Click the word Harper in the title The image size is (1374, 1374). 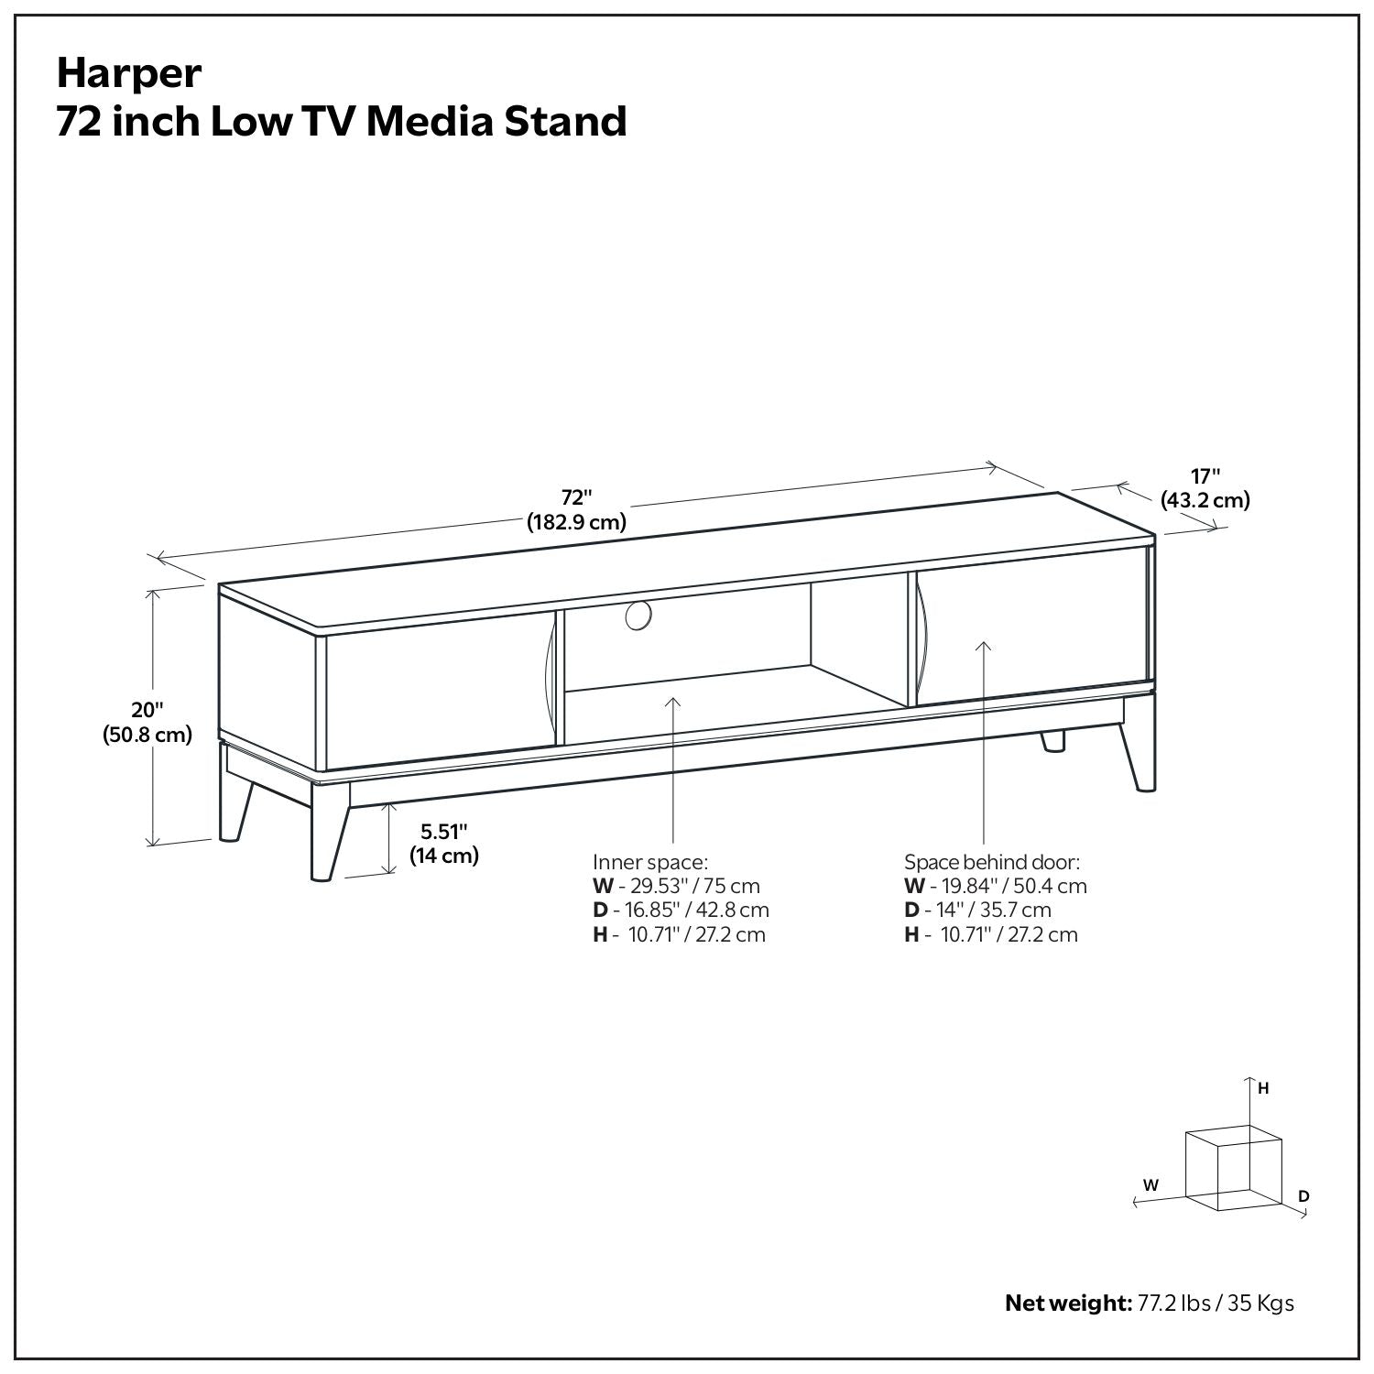pos(128,73)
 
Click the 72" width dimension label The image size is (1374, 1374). pos(577,497)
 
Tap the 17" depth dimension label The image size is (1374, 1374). pos(1205,476)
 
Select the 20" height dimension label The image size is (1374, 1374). pos(147,710)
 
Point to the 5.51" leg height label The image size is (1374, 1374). pos(444,832)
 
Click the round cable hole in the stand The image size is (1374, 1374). pos(638,616)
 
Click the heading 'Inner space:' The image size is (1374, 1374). pos(650,862)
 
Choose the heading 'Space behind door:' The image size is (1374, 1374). pos(992,862)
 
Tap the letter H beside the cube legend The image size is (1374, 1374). pos(1263,1089)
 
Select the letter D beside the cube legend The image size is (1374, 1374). pos(1303,1196)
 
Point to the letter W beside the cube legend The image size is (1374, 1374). pos(1151,1185)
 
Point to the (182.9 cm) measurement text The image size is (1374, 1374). pos(576,523)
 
